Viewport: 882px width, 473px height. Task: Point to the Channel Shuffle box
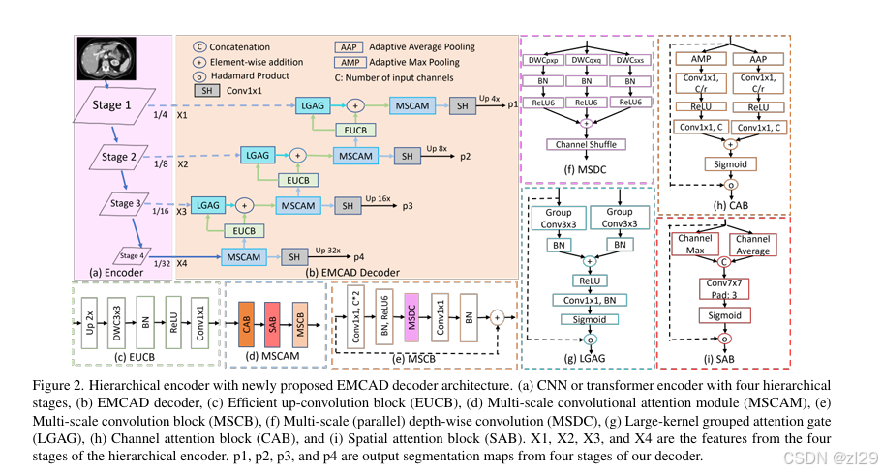(586, 144)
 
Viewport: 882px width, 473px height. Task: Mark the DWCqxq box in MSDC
(587, 60)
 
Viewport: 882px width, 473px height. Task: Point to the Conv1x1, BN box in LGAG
(589, 299)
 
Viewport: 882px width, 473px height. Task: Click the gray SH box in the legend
(206, 89)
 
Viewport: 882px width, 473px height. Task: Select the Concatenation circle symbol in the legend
(198, 45)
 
